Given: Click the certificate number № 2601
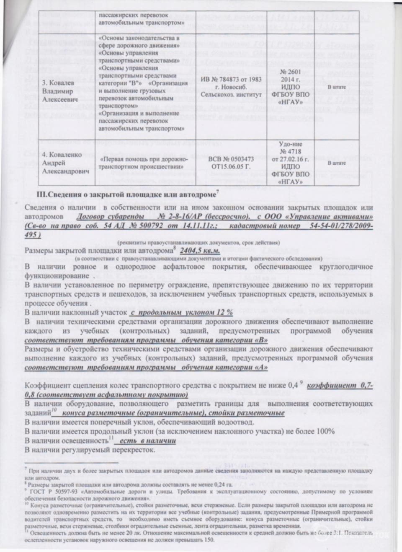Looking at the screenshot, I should point(289,73).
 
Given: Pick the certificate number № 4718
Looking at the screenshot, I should point(289,152).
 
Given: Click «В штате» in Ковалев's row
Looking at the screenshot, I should point(336,87).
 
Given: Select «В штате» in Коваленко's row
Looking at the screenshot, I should point(336,163).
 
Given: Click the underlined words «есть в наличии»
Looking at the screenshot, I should point(147,441).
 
